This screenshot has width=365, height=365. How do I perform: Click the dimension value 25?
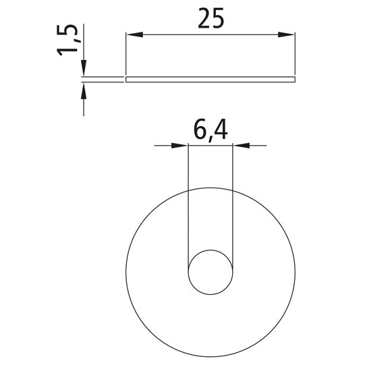click(x=210, y=18)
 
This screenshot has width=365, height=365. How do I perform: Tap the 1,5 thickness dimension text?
click(x=67, y=40)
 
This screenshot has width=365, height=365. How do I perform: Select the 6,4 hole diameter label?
click(x=210, y=131)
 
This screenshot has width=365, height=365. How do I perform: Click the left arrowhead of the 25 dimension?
click(x=134, y=34)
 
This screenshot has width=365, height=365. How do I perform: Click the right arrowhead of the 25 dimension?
click(x=287, y=34)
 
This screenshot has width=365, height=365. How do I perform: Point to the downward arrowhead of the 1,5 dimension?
click(x=84, y=67)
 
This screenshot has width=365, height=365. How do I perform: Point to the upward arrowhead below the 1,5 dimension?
click(x=84, y=91)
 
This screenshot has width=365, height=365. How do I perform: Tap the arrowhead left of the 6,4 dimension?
click(x=179, y=146)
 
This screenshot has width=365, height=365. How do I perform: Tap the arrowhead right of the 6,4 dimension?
click(x=242, y=146)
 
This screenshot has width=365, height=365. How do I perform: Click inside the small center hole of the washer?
click(x=210, y=272)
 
